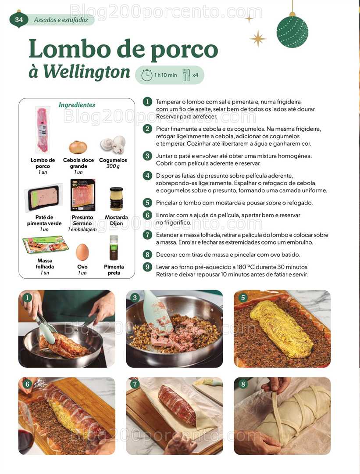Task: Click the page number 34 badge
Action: coord(19,20)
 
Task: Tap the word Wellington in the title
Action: coord(86,72)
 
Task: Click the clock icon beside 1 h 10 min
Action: coord(147,75)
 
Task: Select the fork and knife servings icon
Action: coord(186,75)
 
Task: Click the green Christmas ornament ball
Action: coord(292,32)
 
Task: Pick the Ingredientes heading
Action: coord(77,105)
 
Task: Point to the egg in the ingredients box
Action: coord(82,252)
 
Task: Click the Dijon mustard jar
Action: coord(116,199)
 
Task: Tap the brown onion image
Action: coord(78,147)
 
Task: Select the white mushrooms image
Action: coord(113,144)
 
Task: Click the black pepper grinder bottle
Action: coord(114,248)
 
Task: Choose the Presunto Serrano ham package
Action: coord(83,195)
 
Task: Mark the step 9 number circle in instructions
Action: coord(147,267)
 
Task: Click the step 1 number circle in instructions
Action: coord(147,101)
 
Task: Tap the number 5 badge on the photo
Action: coord(243,298)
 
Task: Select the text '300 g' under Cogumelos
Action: coord(113,166)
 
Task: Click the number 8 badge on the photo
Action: coord(243,384)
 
